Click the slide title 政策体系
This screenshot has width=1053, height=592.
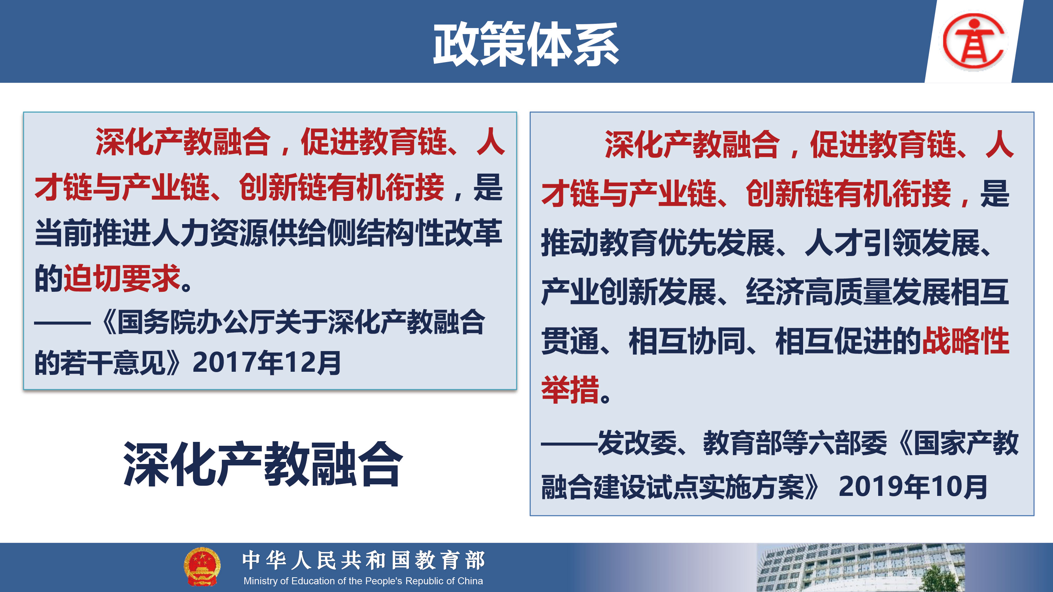tap(526, 44)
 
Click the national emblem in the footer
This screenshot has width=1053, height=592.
tap(202, 567)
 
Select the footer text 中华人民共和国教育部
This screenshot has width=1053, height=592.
tap(363, 560)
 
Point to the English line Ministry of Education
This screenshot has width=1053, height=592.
tap(363, 580)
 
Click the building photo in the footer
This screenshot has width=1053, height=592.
tap(860, 567)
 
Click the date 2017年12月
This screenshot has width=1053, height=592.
tap(266, 363)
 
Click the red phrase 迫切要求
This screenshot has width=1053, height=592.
tap(122, 278)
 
